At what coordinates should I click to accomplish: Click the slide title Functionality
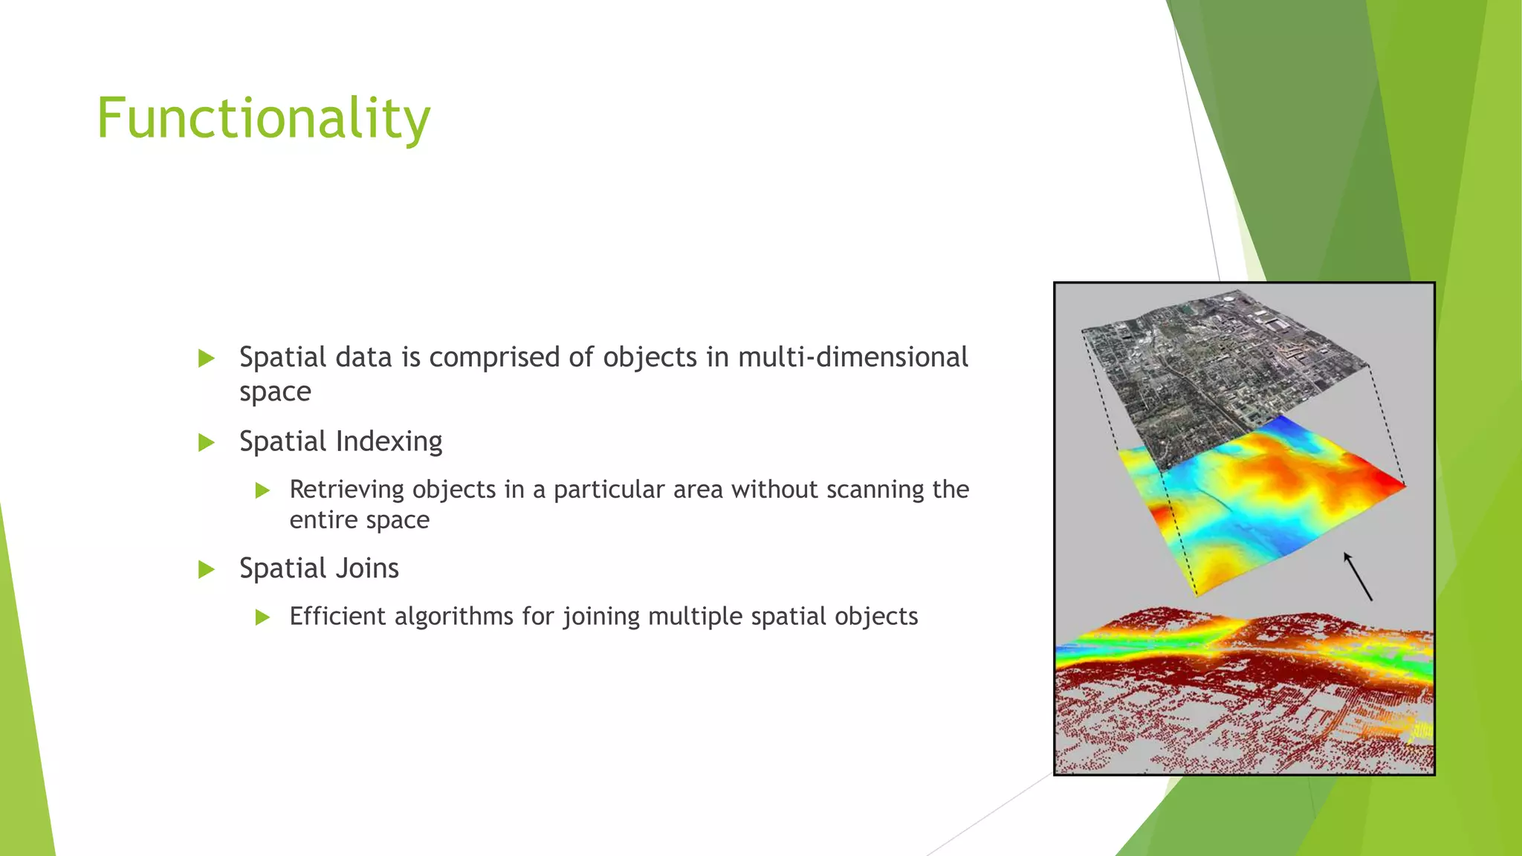click(x=263, y=119)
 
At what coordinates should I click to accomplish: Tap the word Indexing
click(x=389, y=441)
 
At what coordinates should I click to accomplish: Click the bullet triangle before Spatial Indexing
click(x=207, y=443)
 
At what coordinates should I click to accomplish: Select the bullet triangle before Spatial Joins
click(x=207, y=570)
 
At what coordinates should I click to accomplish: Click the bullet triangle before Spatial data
click(x=207, y=359)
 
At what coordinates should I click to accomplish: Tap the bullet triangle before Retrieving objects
click(x=262, y=490)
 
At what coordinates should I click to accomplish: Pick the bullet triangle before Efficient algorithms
click(x=262, y=617)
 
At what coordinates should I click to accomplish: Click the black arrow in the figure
click(x=1358, y=577)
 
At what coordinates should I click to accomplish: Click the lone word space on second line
click(x=275, y=392)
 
